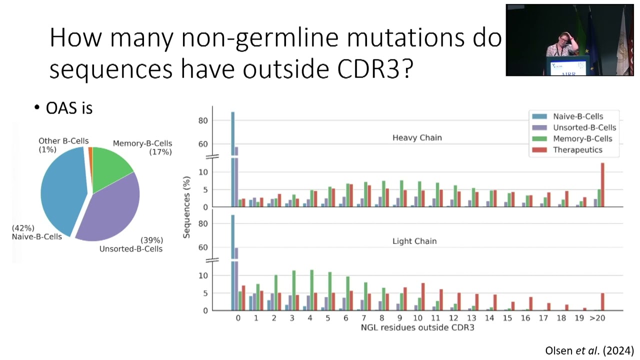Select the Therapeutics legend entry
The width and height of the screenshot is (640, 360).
pyautogui.click(x=577, y=149)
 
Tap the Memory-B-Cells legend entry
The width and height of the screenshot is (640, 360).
pyautogui.click(x=582, y=138)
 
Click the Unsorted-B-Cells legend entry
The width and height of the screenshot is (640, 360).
pyautogui.click(x=584, y=127)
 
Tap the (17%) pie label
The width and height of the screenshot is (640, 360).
pyautogui.click(x=160, y=151)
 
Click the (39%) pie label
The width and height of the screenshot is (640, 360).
pyautogui.click(x=151, y=240)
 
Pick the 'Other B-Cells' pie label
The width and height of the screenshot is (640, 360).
pyautogui.click(x=63, y=141)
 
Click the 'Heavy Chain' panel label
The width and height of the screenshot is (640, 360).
pyautogui.click(x=417, y=137)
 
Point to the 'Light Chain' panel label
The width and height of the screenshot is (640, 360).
pyautogui.click(x=414, y=241)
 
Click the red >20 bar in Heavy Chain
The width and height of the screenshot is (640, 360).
pyautogui.click(x=602, y=184)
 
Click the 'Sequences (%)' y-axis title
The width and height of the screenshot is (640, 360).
pyautogui.click(x=187, y=206)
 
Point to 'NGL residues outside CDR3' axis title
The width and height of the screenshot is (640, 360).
pyautogui.click(x=417, y=328)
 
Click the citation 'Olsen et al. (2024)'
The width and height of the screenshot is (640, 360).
pyautogui.click(x=589, y=350)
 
